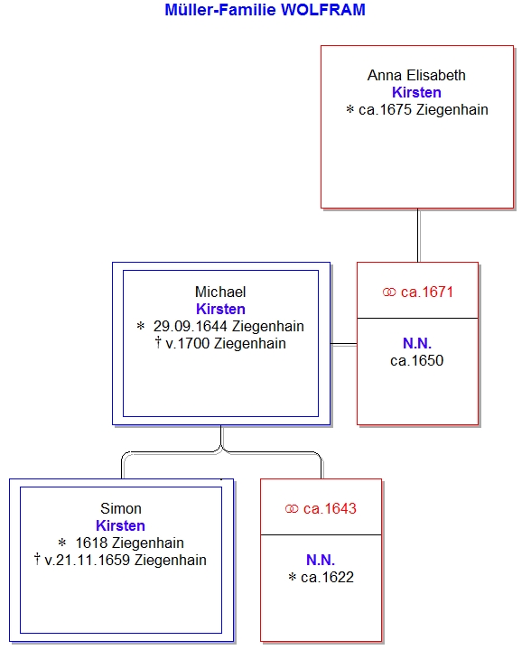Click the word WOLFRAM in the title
pyautogui.click(x=323, y=10)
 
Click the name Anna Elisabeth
pyautogui.click(x=416, y=75)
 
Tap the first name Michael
pyautogui.click(x=220, y=292)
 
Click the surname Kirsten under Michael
pyautogui.click(x=220, y=309)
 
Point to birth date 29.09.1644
pyautogui.click(x=191, y=326)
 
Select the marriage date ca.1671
pyautogui.click(x=427, y=292)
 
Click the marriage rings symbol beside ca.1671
pyautogui.click(x=389, y=292)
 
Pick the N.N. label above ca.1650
pyautogui.click(x=417, y=343)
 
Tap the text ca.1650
pyautogui.click(x=416, y=360)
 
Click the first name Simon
pyautogui.click(x=121, y=508)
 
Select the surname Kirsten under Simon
pyautogui.click(x=121, y=525)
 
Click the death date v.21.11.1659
pyautogui.click(x=88, y=560)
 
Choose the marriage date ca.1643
pyautogui.click(x=330, y=508)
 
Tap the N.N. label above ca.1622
pyautogui.click(x=321, y=560)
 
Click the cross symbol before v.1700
pyautogui.click(x=158, y=342)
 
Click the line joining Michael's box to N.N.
pyautogui.click(x=343, y=344)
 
